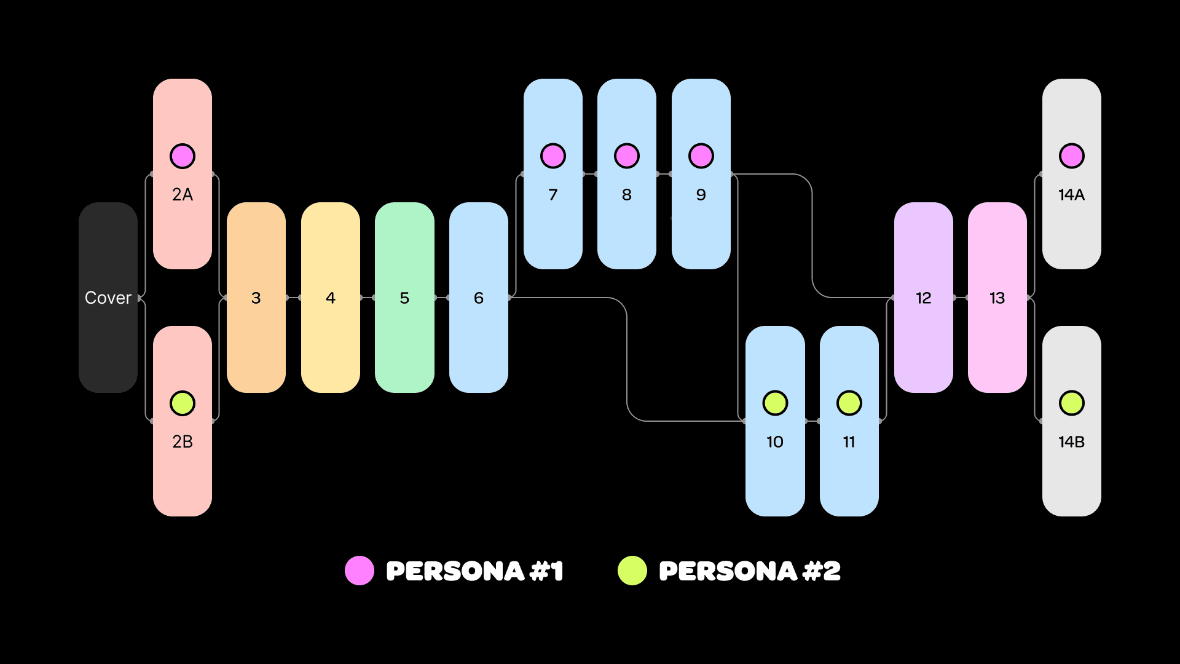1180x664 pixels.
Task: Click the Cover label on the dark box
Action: tap(108, 298)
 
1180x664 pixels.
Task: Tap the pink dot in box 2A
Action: tap(183, 156)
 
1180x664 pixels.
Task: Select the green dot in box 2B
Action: tap(183, 403)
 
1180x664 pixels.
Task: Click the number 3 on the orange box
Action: tap(256, 298)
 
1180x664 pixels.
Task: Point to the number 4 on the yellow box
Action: tap(331, 298)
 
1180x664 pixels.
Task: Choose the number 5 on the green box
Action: tap(404, 298)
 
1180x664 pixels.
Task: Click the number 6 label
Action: tap(479, 298)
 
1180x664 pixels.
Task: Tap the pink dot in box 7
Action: tap(553, 156)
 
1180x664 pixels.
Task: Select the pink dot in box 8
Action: tap(627, 156)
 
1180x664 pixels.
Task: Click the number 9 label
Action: tap(701, 195)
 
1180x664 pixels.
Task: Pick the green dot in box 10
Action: tap(775, 403)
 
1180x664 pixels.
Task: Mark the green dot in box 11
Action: tap(849, 403)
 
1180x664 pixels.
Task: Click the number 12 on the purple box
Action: tap(924, 298)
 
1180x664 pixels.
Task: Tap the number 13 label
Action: tap(997, 298)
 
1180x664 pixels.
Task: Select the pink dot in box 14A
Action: tap(1072, 156)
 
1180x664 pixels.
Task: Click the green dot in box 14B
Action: tap(1072, 403)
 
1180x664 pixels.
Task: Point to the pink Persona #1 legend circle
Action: tap(360, 571)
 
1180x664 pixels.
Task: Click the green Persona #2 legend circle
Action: tap(632, 571)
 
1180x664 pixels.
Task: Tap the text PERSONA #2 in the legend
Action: tap(750, 571)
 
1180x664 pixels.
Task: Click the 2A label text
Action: tap(183, 195)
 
